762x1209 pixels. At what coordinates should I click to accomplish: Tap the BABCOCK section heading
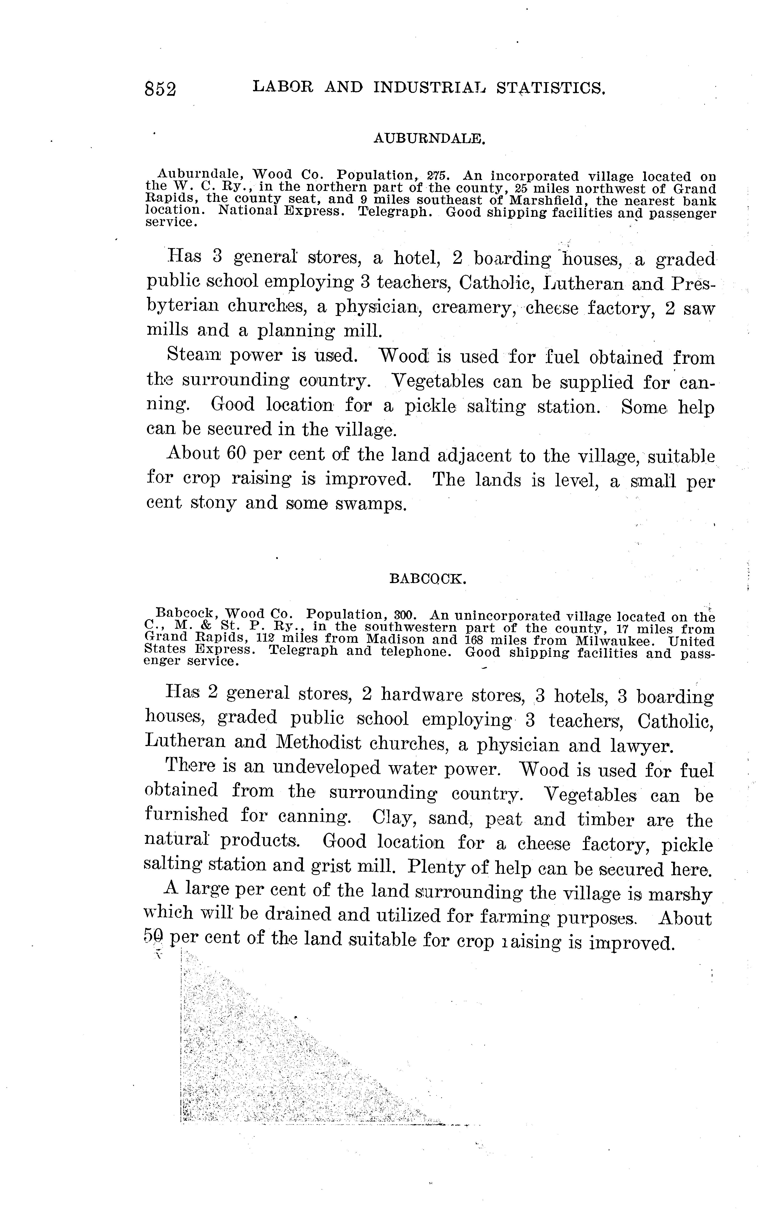pyautogui.click(x=428, y=579)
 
